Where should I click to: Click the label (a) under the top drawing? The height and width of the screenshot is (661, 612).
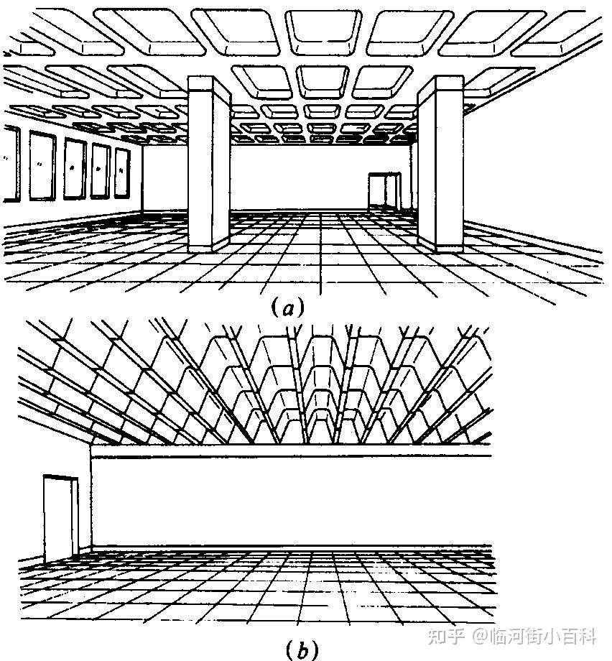[x=289, y=308]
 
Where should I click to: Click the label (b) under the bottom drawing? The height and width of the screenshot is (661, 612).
[x=300, y=650]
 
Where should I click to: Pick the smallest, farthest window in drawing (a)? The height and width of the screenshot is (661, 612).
[x=122, y=172]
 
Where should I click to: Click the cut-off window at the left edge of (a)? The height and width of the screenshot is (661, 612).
[x=10, y=164]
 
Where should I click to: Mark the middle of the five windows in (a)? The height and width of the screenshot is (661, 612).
[x=74, y=169]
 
